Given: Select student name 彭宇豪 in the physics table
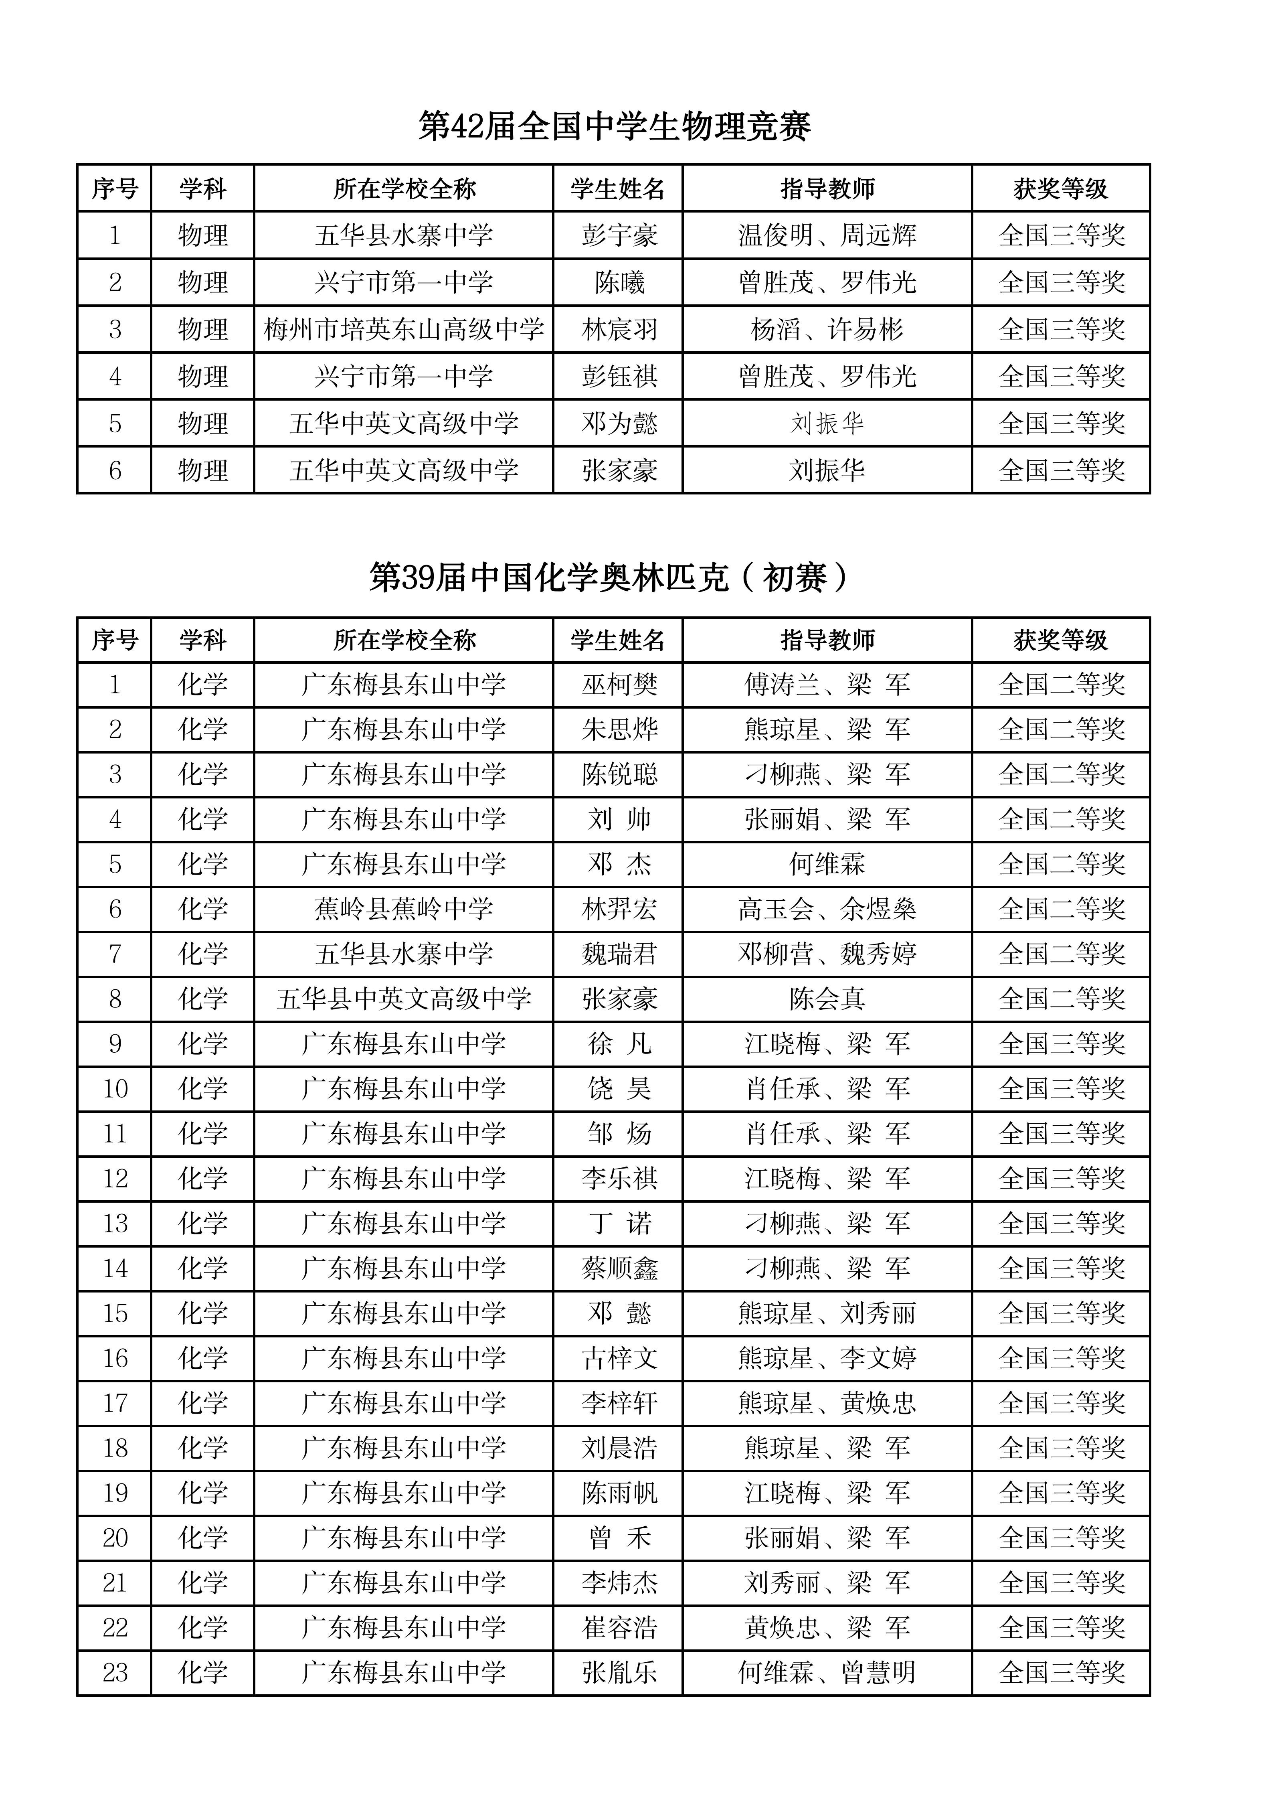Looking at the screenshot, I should pos(619,235).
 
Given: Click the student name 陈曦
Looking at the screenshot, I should pos(619,282).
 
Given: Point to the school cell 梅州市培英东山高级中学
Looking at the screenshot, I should pos(403,330).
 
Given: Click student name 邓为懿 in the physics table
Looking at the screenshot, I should pos(619,423).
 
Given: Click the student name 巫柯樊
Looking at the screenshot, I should pos(619,685).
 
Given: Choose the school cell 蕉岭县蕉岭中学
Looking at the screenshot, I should pos(403,909).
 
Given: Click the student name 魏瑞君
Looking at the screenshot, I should pos(619,954).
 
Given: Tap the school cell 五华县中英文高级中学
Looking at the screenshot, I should pos(403,999).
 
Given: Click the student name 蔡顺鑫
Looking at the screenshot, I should pos(619,1268).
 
